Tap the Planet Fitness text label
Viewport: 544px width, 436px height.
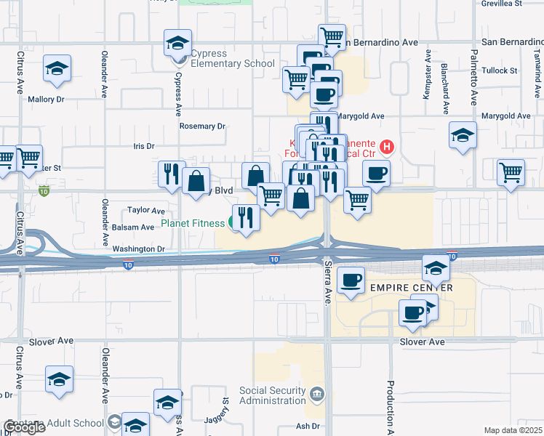(x=193, y=223)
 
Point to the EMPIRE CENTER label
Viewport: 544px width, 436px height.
(x=412, y=288)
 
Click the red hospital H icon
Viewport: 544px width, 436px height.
(x=387, y=148)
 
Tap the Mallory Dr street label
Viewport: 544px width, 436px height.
(x=46, y=99)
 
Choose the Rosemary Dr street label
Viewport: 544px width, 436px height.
(x=202, y=126)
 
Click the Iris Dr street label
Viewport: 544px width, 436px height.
(x=144, y=146)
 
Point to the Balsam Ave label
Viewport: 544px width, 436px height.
(x=133, y=227)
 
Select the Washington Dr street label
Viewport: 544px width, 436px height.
(x=139, y=249)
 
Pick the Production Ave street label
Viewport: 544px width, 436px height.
(x=391, y=407)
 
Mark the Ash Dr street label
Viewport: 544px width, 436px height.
(x=308, y=426)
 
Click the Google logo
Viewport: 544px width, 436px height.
(x=24, y=427)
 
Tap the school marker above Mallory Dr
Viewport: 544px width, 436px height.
(x=57, y=69)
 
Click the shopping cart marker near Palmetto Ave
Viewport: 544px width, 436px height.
(x=511, y=173)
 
